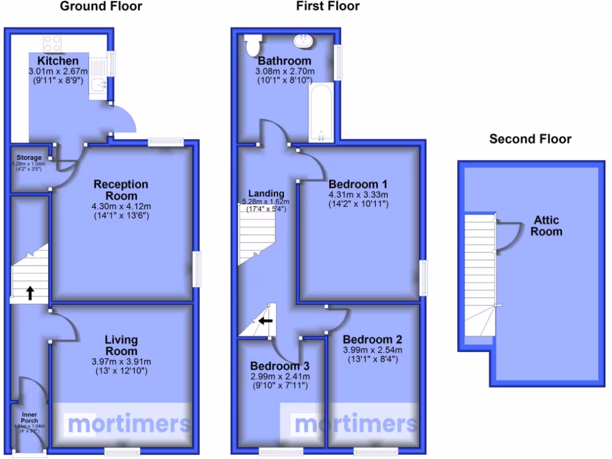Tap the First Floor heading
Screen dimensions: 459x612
328,7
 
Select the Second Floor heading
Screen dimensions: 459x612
530,139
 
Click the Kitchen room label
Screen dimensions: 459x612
58,61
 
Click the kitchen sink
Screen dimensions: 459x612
97,87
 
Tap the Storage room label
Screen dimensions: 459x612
29,158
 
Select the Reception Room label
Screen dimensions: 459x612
120,190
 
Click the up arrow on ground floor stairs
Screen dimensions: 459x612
29,293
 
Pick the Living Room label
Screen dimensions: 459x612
121,345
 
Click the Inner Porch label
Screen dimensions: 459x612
30,417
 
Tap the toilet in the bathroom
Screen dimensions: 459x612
253,44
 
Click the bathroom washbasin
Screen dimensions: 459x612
304,42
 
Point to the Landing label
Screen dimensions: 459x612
267,193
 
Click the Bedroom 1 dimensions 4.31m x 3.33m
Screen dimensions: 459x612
359,195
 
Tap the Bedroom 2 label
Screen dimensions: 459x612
368,339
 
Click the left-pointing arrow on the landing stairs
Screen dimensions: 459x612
265,321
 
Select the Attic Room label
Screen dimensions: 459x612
546,225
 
